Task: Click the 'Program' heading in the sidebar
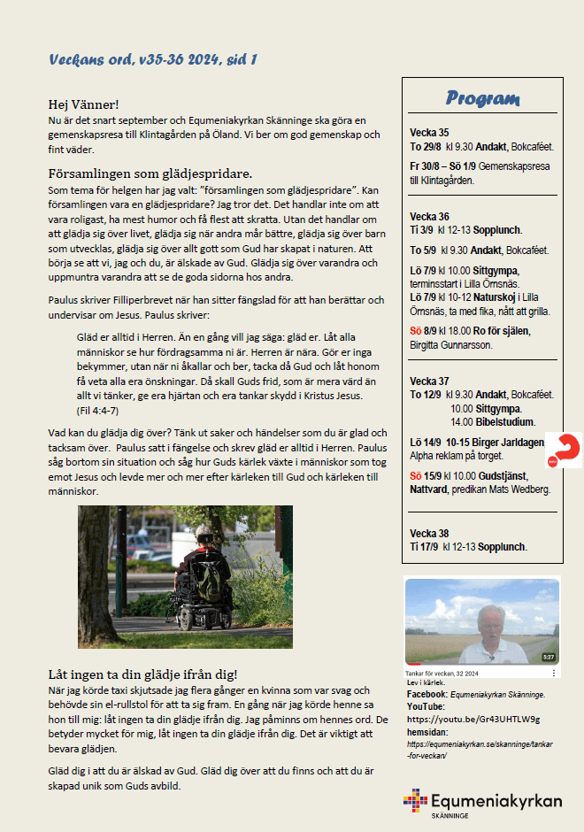(x=482, y=98)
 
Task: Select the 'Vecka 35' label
(x=429, y=132)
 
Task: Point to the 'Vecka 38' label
(x=430, y=534)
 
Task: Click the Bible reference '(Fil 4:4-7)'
(x=97, y=411)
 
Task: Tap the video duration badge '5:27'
(x=548, y=657)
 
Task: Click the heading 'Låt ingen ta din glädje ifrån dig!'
(x=142, y=674)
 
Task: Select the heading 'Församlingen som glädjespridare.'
(x=150, y=173)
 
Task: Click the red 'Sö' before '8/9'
(x=417, y=330)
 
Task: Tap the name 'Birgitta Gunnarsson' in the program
(x=450, y=344)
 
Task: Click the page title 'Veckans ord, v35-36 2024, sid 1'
(x=153, y=60)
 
